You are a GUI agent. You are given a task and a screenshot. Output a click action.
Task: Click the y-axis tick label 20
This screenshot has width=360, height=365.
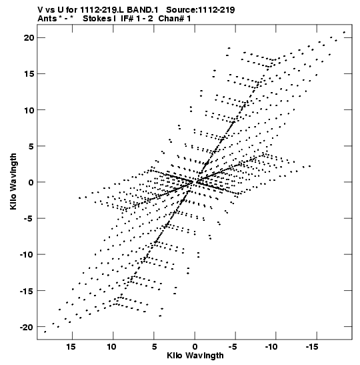(x=29, y=38)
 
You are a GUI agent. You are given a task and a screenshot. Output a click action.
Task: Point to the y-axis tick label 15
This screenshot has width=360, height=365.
(x=29, y=74)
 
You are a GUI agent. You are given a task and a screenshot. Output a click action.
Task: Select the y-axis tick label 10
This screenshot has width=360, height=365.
(x=29, y=110)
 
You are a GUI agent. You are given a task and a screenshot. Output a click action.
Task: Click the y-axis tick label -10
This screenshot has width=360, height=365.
(x=27, y=254)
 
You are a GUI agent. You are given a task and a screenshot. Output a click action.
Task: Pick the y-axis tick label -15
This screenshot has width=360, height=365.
(x=27, y=291)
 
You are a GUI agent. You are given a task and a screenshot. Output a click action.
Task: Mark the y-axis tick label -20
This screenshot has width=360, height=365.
(x=27, y=327)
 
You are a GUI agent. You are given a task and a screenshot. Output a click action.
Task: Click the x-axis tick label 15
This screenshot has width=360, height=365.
(x=71, y=347)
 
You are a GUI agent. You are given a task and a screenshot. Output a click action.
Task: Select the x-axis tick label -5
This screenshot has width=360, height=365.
(x=233, y=347)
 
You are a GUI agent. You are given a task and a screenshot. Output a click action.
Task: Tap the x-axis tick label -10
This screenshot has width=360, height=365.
(x=271, y=347)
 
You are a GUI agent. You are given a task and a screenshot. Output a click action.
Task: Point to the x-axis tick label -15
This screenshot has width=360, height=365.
(x=312, y=347)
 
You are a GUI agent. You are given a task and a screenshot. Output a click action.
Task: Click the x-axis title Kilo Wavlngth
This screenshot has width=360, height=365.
(x=195, y=356)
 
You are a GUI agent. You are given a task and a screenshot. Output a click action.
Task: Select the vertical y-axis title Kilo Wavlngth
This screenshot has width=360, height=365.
(x=13, y=181)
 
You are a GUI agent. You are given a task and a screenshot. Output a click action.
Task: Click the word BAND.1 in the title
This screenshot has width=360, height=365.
(x=143, y=10)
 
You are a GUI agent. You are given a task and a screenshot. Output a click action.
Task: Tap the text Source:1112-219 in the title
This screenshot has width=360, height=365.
(x=201, y=10)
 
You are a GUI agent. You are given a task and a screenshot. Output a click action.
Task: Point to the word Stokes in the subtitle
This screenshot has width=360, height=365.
(x=97, y=19)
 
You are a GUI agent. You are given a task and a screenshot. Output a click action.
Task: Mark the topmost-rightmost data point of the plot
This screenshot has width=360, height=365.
(x=344, y=32)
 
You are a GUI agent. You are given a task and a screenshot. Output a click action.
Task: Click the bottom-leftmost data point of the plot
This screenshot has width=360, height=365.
(x=45, y=332)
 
